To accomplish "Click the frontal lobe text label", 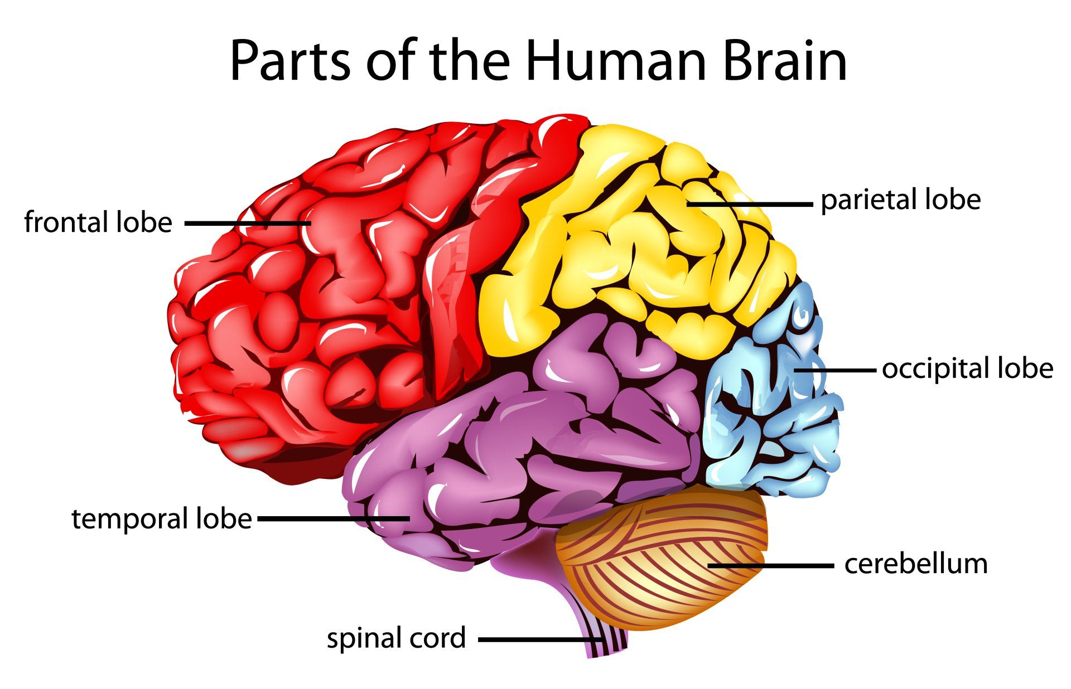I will pyautogui.click(x=98, y=222).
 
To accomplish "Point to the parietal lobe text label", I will pyautogui.click(x=900, y=200).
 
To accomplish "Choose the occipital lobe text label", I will pyautogui.click(x=967, y=368).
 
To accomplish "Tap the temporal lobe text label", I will pyautogui.click(x=162, y=519).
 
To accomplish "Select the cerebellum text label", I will pyautogui.click(x=916, y=564).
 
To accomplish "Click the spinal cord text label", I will pyautogui.click(x=396, y=638).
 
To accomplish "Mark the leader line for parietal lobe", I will pyautogui.click(x=750, y=205).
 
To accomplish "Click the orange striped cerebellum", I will pyautogui.click(x=664, y=563).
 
